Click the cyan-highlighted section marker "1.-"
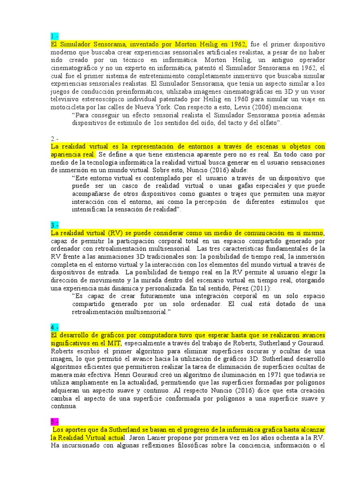click(x=54, y=36)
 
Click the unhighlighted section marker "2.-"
click(x=54, y=139)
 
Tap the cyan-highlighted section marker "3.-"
click(x=54, y=225)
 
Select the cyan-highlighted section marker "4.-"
click(x=55, y=327)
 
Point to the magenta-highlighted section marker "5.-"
click(x=54, y=421)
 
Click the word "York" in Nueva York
click(x=163, y=107)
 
